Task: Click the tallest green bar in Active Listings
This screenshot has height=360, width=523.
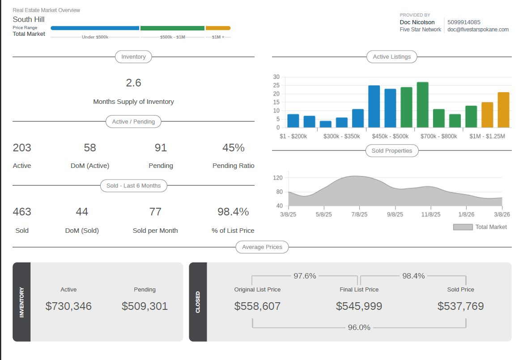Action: point(422,105)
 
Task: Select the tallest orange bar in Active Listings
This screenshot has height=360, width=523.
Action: point(503,110)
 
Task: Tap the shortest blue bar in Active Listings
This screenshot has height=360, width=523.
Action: point(325,124)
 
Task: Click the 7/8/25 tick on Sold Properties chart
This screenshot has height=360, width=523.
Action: point(359,214)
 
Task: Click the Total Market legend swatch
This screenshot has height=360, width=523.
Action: point(463,227)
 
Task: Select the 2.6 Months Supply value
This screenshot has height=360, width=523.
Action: point(133,83)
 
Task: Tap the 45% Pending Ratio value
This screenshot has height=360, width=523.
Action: point(233,148)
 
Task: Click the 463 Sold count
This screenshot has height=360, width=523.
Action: point(22,212)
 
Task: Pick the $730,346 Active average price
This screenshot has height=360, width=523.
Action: point(68,306)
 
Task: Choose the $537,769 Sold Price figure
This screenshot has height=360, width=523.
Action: point(460,306)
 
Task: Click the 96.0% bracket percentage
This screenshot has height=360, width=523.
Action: point(359,327)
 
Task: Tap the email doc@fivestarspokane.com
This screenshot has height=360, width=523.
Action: point(478,30)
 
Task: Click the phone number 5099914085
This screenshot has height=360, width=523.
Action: point(464,22)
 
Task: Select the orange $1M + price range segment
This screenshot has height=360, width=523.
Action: point(218,28)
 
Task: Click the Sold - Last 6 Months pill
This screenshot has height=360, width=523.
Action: point(133,185)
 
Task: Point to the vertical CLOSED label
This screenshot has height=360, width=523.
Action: point(198,302)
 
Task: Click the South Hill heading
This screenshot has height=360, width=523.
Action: point(28,19)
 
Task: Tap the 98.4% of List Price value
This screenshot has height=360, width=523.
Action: point(233,212)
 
